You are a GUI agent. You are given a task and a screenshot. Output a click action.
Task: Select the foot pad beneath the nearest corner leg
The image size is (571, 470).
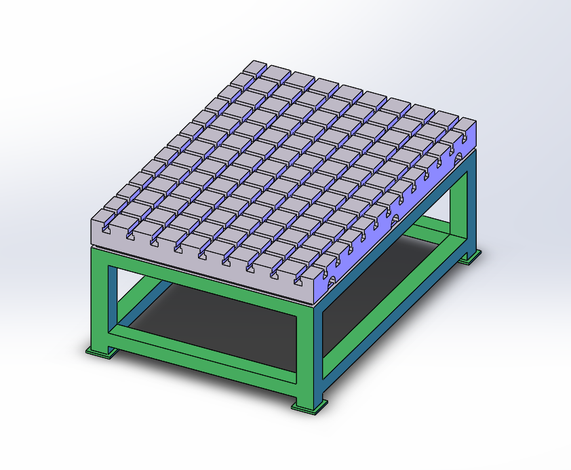point(309,407)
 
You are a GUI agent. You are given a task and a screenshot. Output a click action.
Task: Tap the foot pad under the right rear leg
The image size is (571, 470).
point(470,257)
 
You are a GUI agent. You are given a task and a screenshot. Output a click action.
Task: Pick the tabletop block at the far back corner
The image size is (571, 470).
point(256,68)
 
